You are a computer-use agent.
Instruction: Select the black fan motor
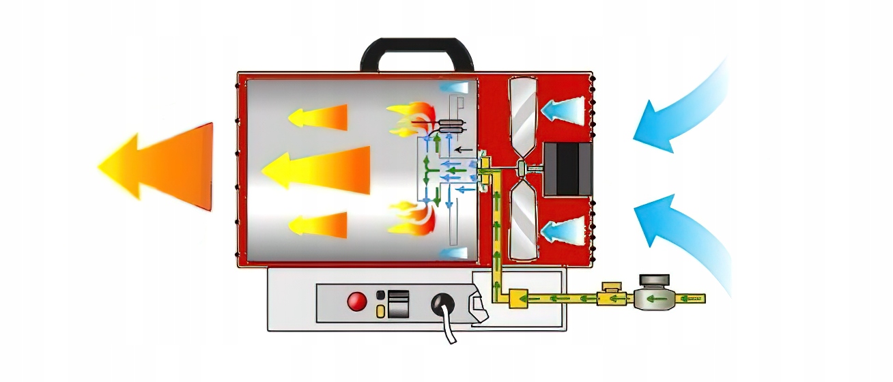tap(567, 169)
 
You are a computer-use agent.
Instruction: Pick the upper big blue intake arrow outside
tap(683, 109)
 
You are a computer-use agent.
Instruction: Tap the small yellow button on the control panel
tap(380, 312)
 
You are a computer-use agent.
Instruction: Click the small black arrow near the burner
tap(464, 148)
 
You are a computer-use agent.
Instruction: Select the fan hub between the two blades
tap(522, 167)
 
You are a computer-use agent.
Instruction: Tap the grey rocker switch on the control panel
tap(398, 304)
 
